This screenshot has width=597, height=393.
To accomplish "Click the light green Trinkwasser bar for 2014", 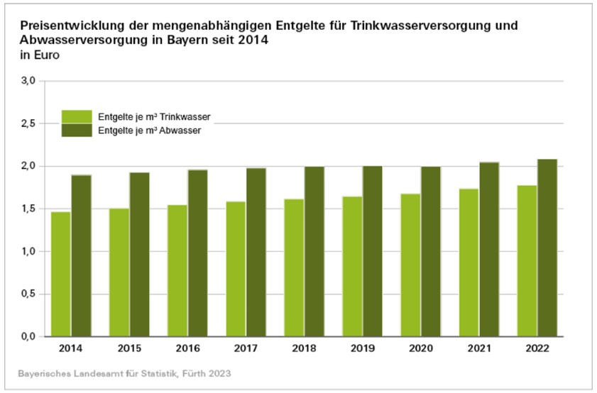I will click(x=60, y=274).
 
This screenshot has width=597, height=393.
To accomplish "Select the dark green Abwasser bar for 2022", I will click(x=547, y=248).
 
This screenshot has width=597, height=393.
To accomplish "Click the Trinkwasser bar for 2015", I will click(x=119, y=272).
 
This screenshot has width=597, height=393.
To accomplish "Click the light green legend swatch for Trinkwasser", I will click(x=77, y=116).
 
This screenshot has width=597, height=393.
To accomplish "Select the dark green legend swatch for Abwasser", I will click(x=77, y=130).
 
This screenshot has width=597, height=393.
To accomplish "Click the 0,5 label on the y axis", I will click(x=28, y=294).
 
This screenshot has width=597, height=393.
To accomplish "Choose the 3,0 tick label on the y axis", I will click(x=28, y=82).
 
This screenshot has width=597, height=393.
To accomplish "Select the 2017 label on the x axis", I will click(x=246, y=349).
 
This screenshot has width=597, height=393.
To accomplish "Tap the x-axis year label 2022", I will click(x=537, y=349).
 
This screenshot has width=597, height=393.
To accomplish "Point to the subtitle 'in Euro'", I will click(x=35, y=55).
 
